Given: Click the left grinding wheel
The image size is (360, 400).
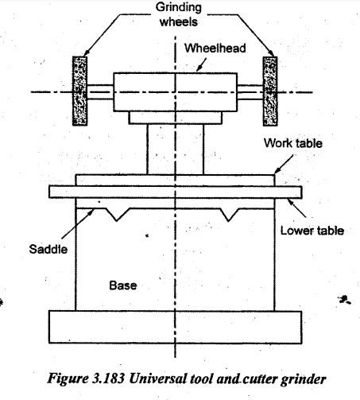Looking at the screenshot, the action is tap(79, 91).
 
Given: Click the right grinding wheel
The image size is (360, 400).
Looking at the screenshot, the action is tap(270, 91).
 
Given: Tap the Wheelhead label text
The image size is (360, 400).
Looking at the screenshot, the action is tap(215, 49).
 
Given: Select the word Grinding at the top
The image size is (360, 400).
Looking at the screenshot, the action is tap(179, 7).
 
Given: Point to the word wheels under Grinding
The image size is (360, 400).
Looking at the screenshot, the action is tap(179, 21).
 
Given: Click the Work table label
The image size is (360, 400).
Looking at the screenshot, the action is tap(293, 143).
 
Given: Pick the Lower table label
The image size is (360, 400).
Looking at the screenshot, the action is tap(312, 231).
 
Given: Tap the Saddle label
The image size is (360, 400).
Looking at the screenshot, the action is tap(48, 249).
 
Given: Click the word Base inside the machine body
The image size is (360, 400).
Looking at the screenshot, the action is tap(123, 285).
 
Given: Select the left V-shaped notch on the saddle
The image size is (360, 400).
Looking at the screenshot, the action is tap(117, 215).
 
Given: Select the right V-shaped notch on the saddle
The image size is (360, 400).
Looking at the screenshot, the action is tap(228, 215).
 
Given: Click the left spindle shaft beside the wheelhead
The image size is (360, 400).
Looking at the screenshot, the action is tap(100, 92).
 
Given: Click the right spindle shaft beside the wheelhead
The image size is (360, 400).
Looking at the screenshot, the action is tap(250, 92).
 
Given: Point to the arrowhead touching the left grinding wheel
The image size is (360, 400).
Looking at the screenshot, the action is tap(86, 53).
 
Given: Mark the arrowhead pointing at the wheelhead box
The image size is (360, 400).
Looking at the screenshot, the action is tap(199, 69).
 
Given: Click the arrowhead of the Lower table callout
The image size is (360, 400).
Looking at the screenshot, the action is tap(290, 202).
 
